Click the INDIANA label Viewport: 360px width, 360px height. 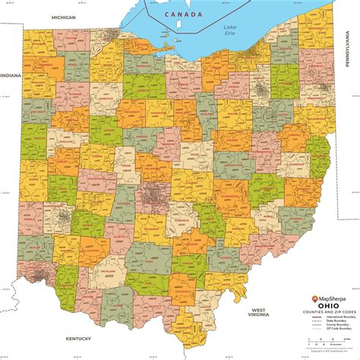pyautogui.click(x=11, y=76)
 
